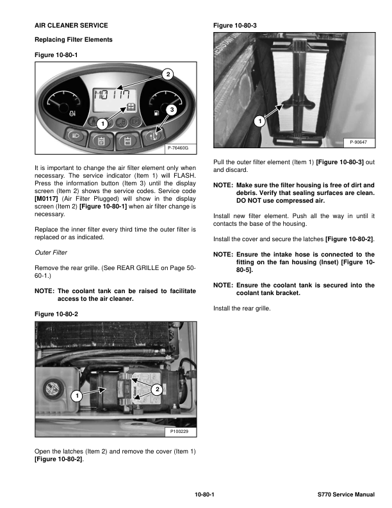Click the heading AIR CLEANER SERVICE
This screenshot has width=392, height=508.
click(x=70, y=26)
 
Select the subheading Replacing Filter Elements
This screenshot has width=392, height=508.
click(x=73, y=40)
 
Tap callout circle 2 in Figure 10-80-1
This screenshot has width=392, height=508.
click(x=168, y=74)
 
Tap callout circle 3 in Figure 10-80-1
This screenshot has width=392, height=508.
click(x=172, y=110)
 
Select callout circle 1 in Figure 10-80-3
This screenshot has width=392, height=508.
click(x=260, y=120)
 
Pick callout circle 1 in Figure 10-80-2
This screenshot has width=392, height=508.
click(x=76, y=396)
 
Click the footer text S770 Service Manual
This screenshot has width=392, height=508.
click(x=346, y=495)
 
